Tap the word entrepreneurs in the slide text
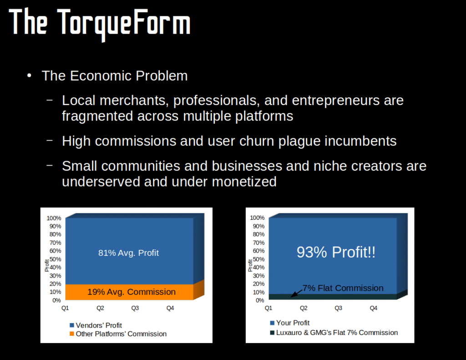(335, 101)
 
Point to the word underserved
(101, 182)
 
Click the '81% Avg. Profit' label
(128, 253)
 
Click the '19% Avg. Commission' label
(132, 292)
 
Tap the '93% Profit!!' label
(336, 252)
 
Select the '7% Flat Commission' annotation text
(343, 288)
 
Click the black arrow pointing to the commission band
(296, 293)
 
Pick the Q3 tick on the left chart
(135, 308)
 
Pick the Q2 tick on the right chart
(304, 308)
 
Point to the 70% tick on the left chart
(55, 243)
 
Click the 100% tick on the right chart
(257, 218)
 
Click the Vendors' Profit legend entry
(96, 325)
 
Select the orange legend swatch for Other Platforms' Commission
(71, 334)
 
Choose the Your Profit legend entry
(290, 323)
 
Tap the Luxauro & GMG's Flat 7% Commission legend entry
(334, 333)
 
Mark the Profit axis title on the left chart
(47, 265)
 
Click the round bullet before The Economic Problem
(29, 76)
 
